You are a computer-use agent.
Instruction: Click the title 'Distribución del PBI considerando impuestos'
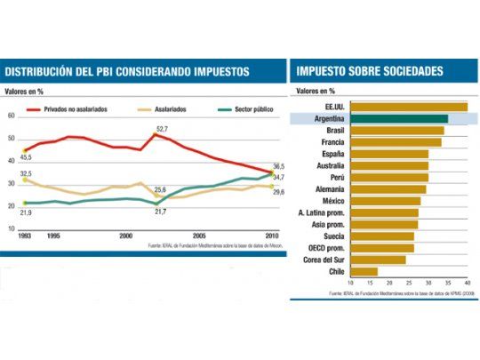(x=127, y=70)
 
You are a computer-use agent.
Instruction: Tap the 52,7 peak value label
(x=163, y=129)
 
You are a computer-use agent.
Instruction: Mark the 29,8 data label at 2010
(x=278, y=192)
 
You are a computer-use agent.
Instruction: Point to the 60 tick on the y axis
(x=11, y=116)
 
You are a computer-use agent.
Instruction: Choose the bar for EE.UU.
(x=409, y=107)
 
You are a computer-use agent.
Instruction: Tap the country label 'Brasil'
(x=335, y=130)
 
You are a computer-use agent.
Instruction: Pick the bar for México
(x=386, y=200)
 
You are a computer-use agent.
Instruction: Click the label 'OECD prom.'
(x=328, y=248)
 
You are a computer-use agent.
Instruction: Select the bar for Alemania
(x=388, y=188)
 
